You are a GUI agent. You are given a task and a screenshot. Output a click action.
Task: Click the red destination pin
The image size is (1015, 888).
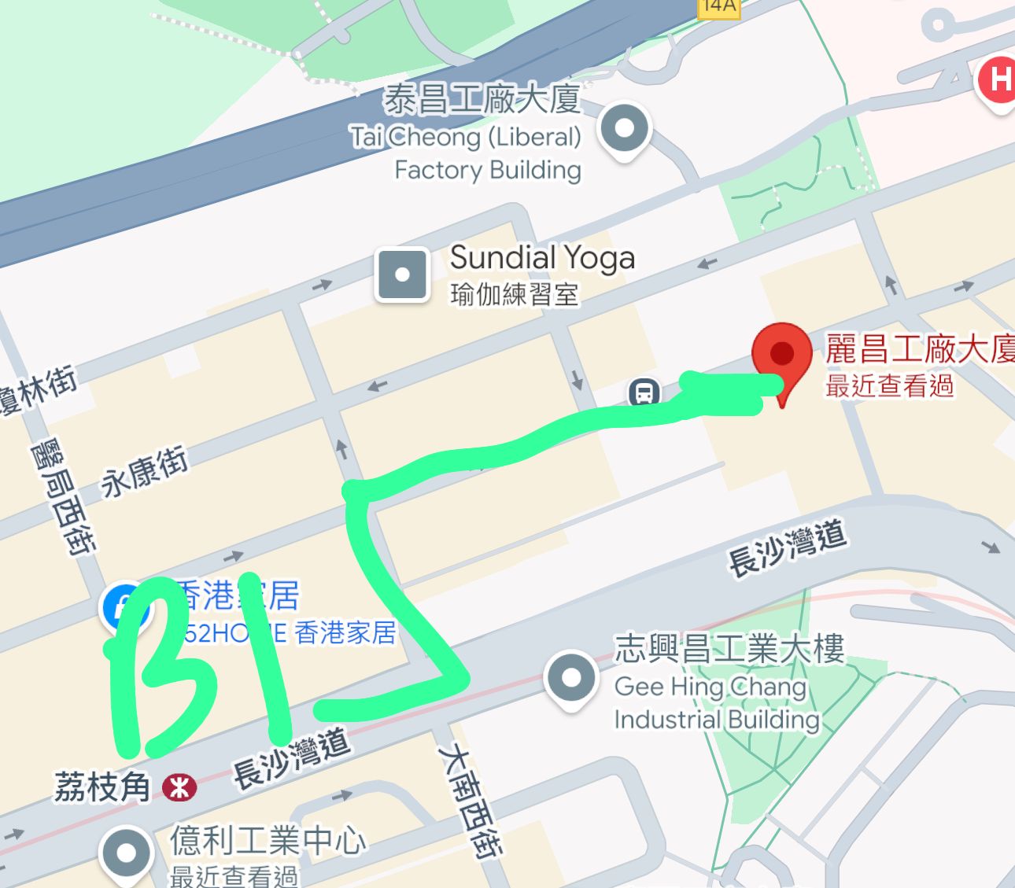(x=781, y=356)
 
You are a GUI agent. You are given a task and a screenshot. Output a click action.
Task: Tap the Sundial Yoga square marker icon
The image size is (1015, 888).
(x=403, y=275)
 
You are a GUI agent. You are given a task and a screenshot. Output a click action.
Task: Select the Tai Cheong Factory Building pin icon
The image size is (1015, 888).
(x=624, y=128)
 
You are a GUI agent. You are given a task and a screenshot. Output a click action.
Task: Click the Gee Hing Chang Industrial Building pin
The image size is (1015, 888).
(x=571, y=677)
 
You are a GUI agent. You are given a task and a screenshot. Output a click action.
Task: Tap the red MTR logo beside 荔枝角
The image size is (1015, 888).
(x=179, y=787)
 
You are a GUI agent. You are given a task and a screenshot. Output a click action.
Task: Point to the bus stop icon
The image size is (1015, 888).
(x=644, y=391)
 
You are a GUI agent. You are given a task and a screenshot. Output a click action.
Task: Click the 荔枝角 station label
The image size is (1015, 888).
(x=102, y=787)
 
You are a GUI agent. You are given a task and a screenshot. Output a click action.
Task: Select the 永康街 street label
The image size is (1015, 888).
(x=145, y=471)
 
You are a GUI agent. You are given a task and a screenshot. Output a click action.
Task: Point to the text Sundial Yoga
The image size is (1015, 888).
(x=542, y=257)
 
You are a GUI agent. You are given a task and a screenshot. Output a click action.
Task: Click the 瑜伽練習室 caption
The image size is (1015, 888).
(x=515, y=294)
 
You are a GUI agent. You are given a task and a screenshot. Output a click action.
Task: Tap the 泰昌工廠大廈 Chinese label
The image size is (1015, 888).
(x=482, y=100)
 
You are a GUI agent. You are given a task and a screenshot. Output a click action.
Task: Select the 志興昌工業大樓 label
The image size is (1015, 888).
(x=729, y=649)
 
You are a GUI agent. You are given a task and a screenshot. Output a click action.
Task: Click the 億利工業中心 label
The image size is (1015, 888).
(x=268, y=841)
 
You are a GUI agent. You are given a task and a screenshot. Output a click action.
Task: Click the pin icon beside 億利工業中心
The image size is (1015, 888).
(x=126, y=853)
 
